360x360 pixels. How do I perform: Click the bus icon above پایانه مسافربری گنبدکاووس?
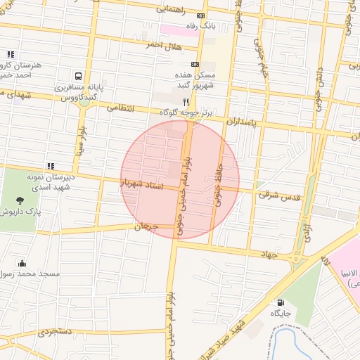pyautogui.click(x=77, y=75)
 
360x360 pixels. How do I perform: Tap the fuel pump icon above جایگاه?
pyautogui.click(x=281, y=303)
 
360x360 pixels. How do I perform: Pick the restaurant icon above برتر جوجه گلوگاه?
pyautogui.click(x=186, y=101)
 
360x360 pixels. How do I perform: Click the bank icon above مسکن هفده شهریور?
pyautogui.click(x=195, y=64)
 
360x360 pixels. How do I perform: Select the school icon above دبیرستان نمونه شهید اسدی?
pyautogui.click(x=49, y=166)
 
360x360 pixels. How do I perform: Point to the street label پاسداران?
pyautogui.click(x=243, y=121)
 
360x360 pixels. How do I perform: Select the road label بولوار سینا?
pyautogui.click(x=83, y=140)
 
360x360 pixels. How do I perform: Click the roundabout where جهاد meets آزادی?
pyautogui.click(x=295, y=258)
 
